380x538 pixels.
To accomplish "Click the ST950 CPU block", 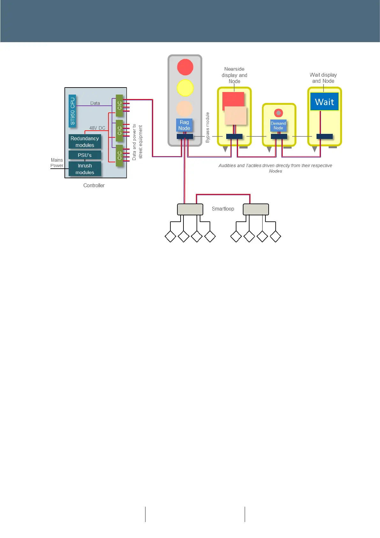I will pyautogui.click(x=72, y=111).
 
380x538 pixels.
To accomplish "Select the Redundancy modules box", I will pyautogui.click(x=85, y=142).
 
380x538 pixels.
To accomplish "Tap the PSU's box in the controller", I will pyautogui.click(x=85, y=155).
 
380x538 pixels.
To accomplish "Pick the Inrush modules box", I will pyautogui.click(x=85, y=169).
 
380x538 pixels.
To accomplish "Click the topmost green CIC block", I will pyautogui.click(x=119, y=105).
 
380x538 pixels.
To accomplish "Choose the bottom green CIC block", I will pyautogui.click(x=119, y=156).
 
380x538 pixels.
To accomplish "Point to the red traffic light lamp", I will pyautogui.click(x=185, y=67).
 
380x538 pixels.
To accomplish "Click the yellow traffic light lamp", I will pyautogui.click(x=185, y=88).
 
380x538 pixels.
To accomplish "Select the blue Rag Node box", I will pyautogui.click(x=184, y=125).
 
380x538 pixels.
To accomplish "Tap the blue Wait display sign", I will pyautogui.click(x=324, y=102).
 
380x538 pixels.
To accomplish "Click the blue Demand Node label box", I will pyautogui.click(x=278, y=126).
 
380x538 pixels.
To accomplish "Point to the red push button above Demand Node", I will pyautogui.click(x=279, y=113).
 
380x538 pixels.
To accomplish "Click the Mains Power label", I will pyautogui.click(x=57, y=163).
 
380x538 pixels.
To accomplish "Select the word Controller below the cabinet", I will pyautogui.click(x=94, y=185).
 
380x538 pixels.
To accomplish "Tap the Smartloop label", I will pyautogui.click(x=223, y=209).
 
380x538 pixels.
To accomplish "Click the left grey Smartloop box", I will pyautogui.click(x=190, y=209).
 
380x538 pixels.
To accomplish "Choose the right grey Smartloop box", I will pyautogui.click(x=256, y=209).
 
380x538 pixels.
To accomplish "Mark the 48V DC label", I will pyautogui.click(x=97, y=128).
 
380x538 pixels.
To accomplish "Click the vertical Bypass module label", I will pyautogui.click(x=208, y=127).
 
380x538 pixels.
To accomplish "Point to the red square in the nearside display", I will pyautogui.click(x=233, y=99).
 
